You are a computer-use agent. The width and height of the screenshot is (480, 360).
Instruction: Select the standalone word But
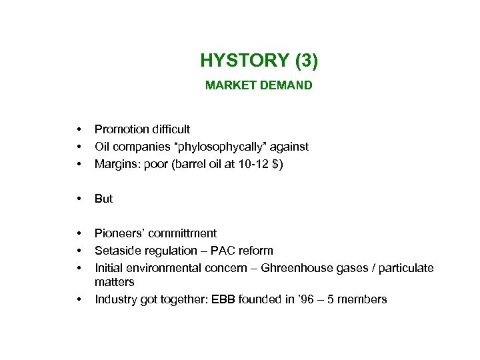click(104, 199)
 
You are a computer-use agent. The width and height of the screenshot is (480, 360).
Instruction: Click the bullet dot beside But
click(79, 199)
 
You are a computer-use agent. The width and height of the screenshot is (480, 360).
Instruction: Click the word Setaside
click(117, 251)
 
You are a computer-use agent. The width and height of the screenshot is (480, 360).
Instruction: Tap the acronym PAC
click(217, 251)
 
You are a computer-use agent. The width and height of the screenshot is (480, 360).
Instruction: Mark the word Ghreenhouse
click(296, 268)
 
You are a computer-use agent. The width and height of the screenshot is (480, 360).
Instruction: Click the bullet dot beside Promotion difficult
click(79, 129)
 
